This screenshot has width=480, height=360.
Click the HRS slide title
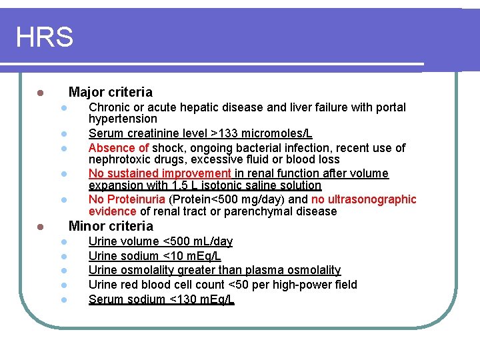tap(44, 37)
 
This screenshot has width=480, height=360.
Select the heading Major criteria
tap(110, 92)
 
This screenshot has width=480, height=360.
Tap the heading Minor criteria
tap(111, 226)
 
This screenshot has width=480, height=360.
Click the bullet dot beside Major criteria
tap(40, 93)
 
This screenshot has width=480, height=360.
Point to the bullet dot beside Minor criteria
tap(40, 227)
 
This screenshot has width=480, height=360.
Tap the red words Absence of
tap(119, 147)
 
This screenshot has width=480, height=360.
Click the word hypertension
tap(123, 119)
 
